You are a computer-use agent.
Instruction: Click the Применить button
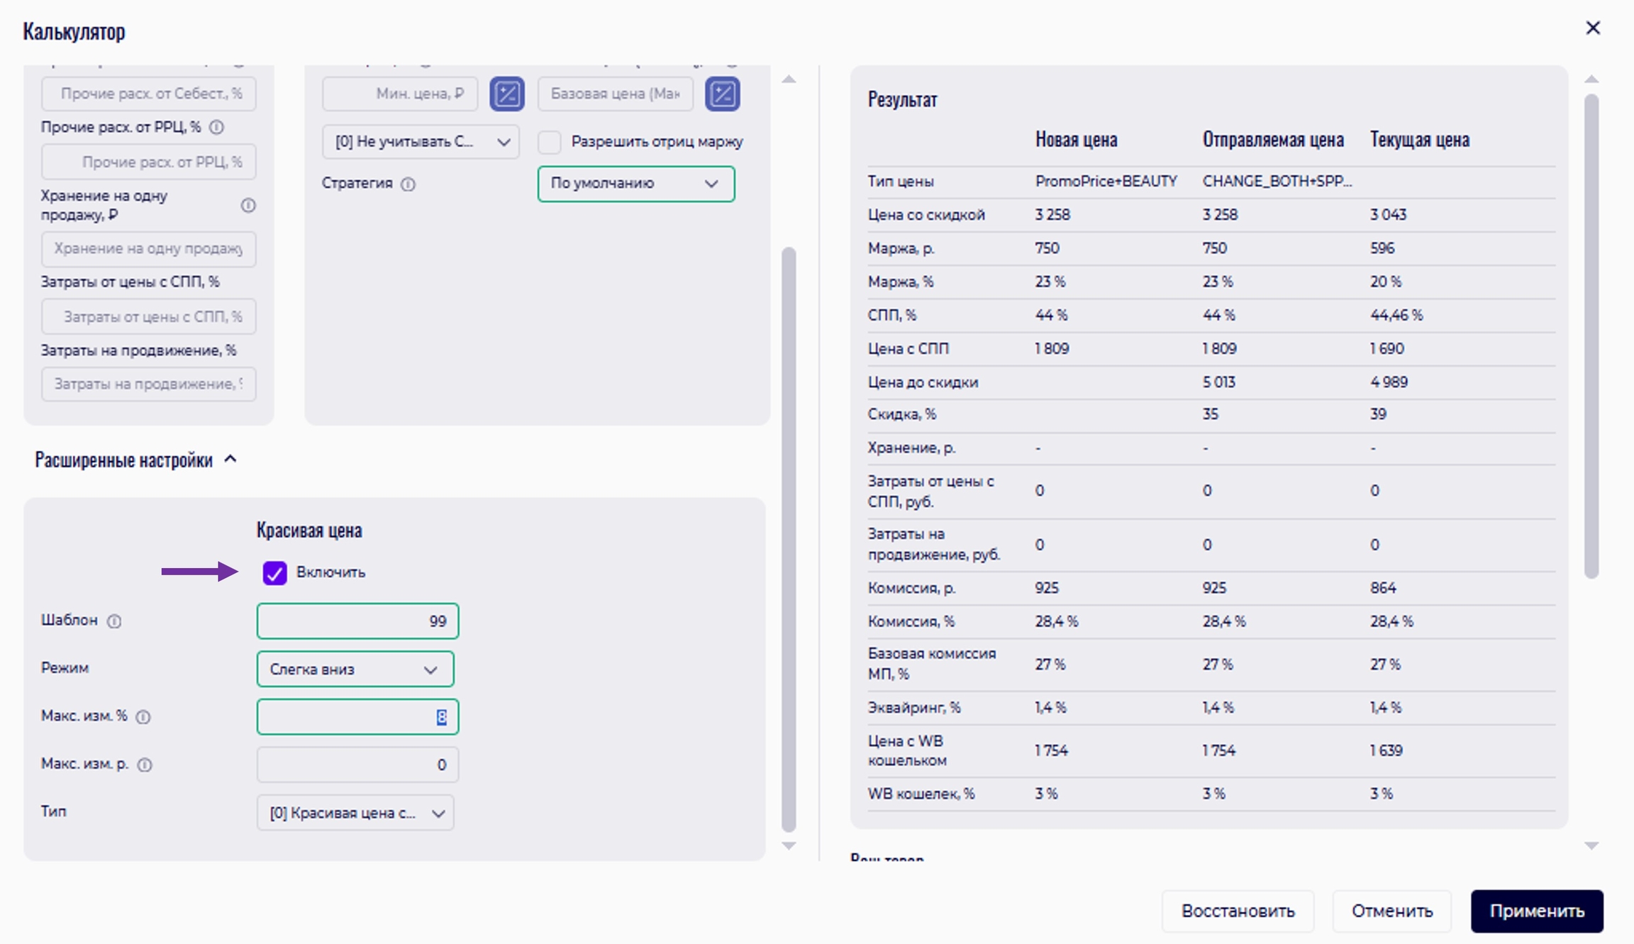(1536, 911)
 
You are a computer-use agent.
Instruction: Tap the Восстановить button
(1238, 911)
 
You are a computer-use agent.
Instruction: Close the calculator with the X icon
(1593, 28)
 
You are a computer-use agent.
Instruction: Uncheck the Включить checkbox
(274, 572)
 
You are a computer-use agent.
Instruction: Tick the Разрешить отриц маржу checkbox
(550, 142)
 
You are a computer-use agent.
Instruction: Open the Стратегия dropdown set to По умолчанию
(635, 184)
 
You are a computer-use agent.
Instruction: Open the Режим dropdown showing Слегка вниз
(355, 669)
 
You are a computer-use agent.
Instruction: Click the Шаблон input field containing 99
(357, 621)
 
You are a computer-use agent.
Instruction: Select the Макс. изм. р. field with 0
(357, 765)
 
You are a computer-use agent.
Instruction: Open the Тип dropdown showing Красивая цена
(355, 813)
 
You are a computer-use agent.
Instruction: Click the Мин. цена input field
(400, 94)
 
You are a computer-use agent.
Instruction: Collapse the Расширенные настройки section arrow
(230, 460)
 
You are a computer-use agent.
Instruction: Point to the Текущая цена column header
(1419, 140)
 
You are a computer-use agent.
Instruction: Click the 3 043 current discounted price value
(1388, 215)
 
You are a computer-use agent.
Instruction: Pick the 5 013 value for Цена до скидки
(1218, 382)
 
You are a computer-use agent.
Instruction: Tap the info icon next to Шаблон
(114, 621)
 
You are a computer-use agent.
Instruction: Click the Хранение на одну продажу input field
(148, 249)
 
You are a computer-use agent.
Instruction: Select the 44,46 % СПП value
(1396, 315)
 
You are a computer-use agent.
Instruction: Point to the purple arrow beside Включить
(199, 572)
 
